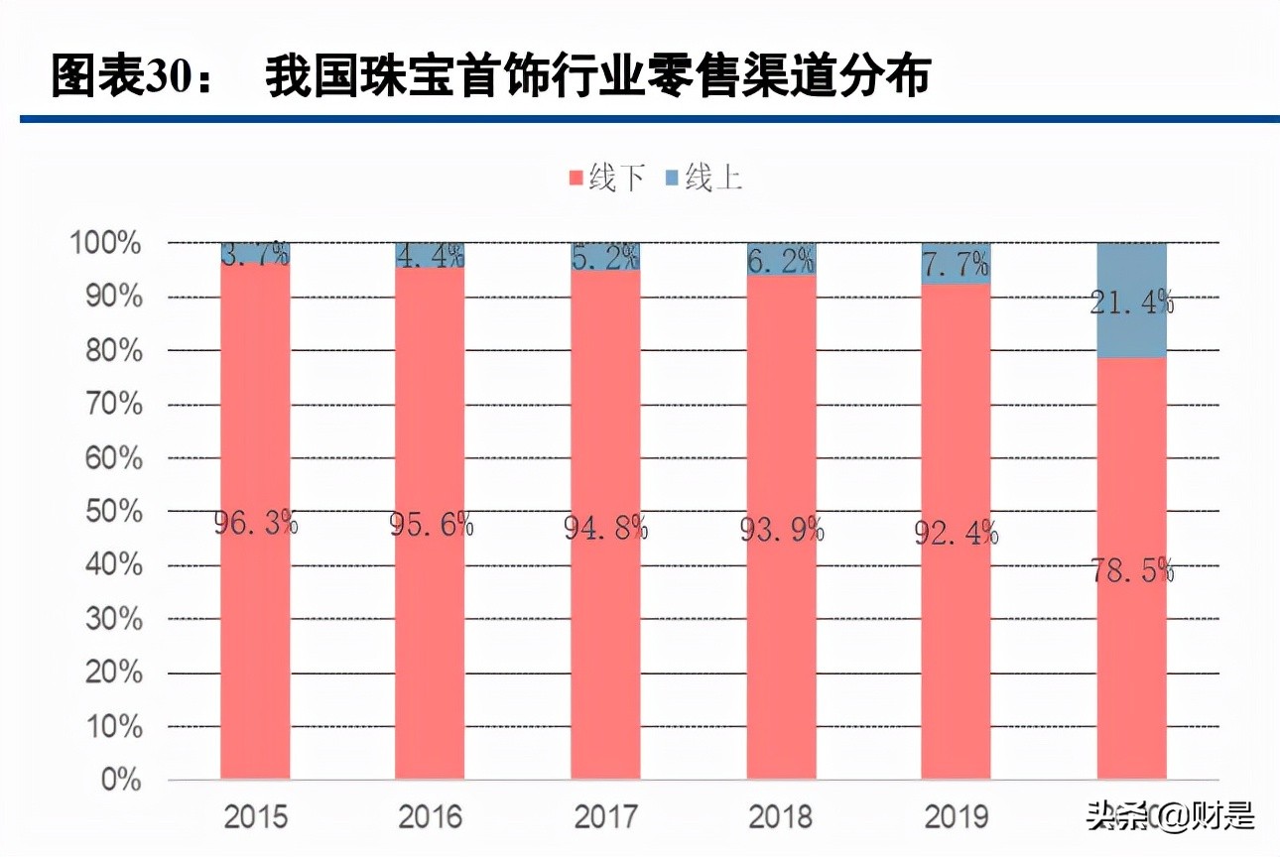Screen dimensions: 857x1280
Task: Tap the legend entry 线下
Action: tap(604, 179)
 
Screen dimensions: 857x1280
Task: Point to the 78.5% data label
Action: tap(1132, 570)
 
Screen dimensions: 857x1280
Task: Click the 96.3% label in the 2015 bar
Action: tap(256, 522)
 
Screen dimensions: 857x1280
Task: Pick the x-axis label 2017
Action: tap(606, 817)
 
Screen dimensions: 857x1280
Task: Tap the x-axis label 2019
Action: tap(957, 817)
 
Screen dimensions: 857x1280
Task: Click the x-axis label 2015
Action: tap(256, 817)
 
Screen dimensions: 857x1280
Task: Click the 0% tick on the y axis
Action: tap(120, 781)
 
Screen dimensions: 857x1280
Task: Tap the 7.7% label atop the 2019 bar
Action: tap(956, 264)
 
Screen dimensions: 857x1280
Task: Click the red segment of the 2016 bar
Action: tap(430, 645)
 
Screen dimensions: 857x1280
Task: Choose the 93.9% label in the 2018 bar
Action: tap(781, 530)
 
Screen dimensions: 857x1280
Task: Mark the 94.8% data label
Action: tap(606, 528)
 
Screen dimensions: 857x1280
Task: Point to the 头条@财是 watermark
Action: tap(1171, 816)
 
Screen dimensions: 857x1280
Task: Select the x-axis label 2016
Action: tap(431, 817)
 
